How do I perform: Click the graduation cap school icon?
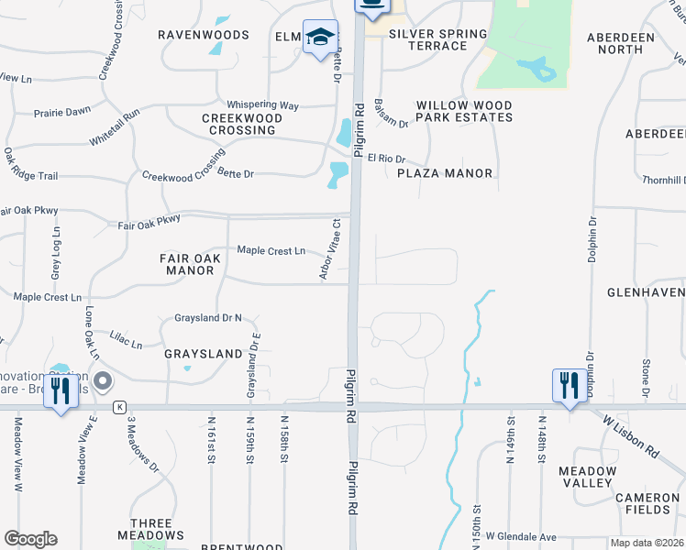(320, 38)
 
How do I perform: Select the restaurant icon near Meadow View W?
(61, 391)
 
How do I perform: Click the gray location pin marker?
(103, 380)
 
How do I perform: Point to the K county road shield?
(119, 406)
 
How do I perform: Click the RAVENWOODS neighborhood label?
(204, 35)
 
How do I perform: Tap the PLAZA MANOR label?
(446, 173)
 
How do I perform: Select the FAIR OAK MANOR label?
(190, 265)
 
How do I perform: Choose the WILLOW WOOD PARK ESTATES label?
(464, 112)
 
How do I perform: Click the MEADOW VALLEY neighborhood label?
(586, 477)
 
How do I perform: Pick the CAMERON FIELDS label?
(647, 503)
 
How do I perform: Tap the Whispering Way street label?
(263, 105)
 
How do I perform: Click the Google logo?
(30, 539)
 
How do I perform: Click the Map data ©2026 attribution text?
(646, 543)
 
